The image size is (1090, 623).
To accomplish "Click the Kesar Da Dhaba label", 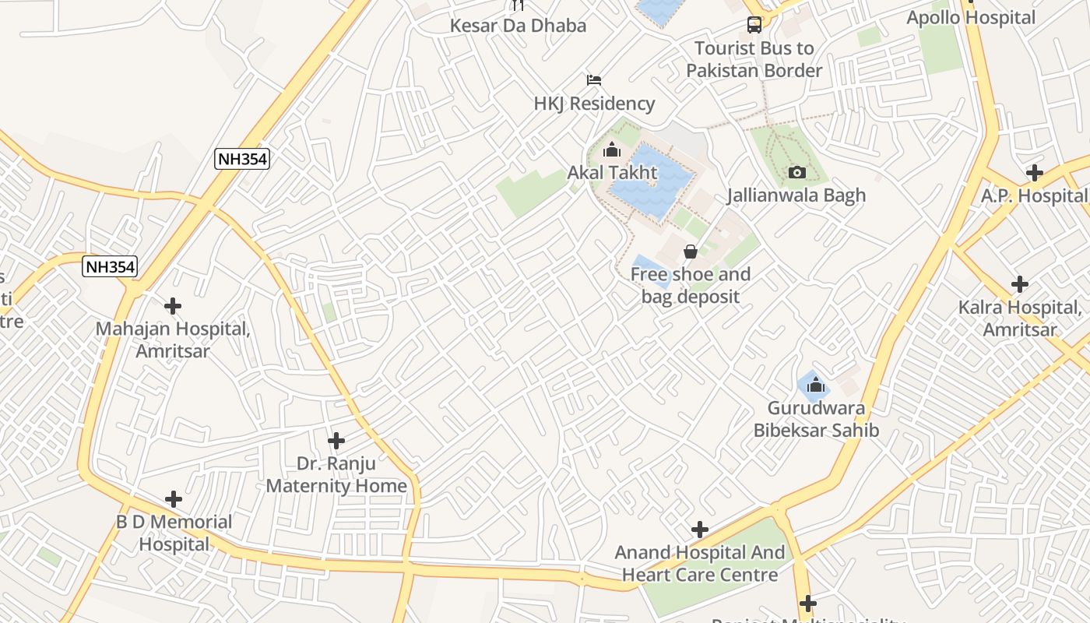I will pyautogui.click(x=518, y=26).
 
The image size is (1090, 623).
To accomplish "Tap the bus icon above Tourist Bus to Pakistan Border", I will pyautogui.click(x=754, y=25).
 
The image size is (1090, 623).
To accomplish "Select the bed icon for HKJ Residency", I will pyautogui.click(x=594, y=80).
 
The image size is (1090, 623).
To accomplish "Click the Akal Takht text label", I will pyautogui.click(x=612, y=172).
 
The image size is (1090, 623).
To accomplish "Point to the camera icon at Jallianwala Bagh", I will pyautogui.click(x=796, y=172).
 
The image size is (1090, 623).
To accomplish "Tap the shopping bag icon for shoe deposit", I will pyautogui.click(x=690, y=252).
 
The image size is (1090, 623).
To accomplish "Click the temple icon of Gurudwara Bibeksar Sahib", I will pyautogui.click(x=815, y=385).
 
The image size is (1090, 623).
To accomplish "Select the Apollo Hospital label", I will pyautogui.click(x=971, y=17).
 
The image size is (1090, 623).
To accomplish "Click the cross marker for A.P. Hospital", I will pyautogui.click(x=1034, y=173).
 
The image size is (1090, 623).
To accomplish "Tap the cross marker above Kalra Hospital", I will pyautogui.click(x=1019, y=284).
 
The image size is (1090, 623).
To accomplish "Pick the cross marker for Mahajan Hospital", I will pyautogui.click(x=173, y=306).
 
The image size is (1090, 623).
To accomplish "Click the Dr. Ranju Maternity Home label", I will pyautogui.click(x=336, y=474).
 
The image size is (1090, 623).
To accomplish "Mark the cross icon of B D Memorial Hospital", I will pyautogui.click(x=174, y=499).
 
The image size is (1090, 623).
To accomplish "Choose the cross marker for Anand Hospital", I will pyautogui.click(x=700, y=530).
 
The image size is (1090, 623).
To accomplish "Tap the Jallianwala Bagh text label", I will pyautogui.click(x=796, y=195).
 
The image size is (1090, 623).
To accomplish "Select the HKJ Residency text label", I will pyautogui.click(x=594, y=104).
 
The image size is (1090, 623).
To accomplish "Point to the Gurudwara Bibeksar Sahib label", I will pyautogui.click(x=815, y=419).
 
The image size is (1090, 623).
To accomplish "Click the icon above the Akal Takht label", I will pyautogui.click(x=612, y=150).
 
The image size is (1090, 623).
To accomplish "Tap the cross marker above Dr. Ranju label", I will pyautogui.click(x=336, y=441).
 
